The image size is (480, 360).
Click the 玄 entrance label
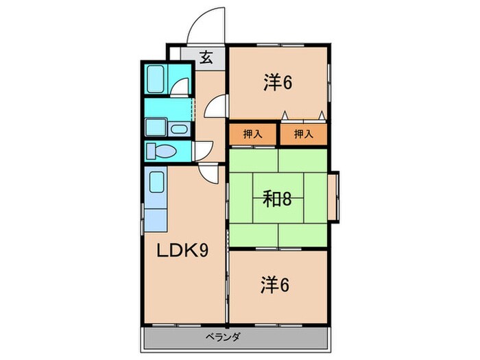206,58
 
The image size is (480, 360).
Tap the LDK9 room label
183,250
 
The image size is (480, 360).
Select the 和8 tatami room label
277,199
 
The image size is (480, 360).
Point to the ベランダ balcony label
223,337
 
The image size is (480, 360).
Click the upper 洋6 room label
278,82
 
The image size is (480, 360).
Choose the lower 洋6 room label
275,285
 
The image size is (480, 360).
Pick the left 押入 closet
253,134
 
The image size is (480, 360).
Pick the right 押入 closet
304,134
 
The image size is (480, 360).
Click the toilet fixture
161,152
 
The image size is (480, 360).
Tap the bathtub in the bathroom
156,79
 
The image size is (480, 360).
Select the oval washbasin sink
179,129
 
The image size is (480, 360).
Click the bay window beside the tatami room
334,197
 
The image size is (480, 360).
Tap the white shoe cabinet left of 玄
175,53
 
